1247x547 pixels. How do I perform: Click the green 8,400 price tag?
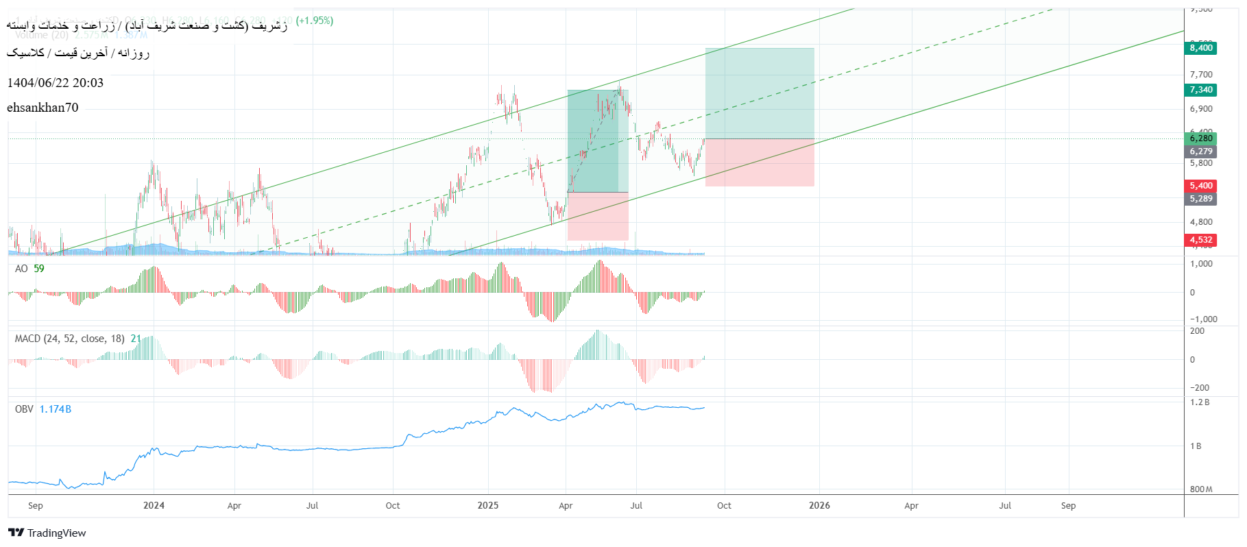click(1201, 48)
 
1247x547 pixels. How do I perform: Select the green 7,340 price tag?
click(1201, 90)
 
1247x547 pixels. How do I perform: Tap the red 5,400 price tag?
click(1201, 186)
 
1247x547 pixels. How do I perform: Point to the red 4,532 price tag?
click(1201, 240)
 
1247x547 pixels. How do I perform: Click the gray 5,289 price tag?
click(1201, 199)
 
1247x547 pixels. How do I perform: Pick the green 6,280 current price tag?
click(1201, 138)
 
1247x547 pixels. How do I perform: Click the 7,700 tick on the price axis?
click(1201, 75)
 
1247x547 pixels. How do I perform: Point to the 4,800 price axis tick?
click(1201, 222)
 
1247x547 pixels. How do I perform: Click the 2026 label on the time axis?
click(819, 506)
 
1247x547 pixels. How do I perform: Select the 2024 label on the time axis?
click(154, 506)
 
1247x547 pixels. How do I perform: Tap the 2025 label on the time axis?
click(488, 506)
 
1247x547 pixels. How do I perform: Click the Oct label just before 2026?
click(724, 506)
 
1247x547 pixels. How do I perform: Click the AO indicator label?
click(21, 269)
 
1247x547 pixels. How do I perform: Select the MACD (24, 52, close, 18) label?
click(69, 339)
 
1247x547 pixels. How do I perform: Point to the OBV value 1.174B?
click(56, 409)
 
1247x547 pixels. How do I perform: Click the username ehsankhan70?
click(43, 108)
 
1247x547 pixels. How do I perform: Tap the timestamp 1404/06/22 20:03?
click(56, 83)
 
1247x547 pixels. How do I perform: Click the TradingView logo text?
click(57, 533)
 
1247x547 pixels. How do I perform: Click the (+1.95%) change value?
click(315, 21)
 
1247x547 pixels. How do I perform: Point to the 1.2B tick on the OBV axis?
click(1200, 402)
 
